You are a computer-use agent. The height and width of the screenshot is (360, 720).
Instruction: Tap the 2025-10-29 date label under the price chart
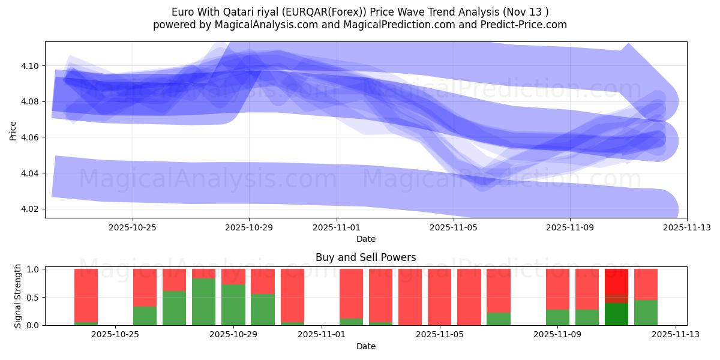[x=249, y=227]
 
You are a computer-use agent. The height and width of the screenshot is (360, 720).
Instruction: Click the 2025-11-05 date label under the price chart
[x=454, y=227]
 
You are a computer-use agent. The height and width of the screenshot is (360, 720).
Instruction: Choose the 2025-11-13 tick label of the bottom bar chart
[x=676, y=335]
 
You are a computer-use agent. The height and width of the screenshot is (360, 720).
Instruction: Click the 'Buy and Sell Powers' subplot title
[x=365, y=257]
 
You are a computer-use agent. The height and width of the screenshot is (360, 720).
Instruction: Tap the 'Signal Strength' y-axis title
[x=18, y=296]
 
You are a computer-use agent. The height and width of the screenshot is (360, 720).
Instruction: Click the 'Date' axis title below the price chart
[x=365, y=239]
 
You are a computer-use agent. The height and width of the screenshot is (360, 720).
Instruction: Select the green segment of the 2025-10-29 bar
[x=233, y=305]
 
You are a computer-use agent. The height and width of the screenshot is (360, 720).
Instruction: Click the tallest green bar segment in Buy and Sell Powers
[x=204, y=302]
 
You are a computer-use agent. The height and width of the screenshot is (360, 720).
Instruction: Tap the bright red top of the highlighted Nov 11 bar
[x=616, y=281]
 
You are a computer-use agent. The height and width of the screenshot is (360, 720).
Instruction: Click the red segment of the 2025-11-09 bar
[x=557, y=289]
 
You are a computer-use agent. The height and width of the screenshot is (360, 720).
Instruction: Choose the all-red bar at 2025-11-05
[x=439, y=297]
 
